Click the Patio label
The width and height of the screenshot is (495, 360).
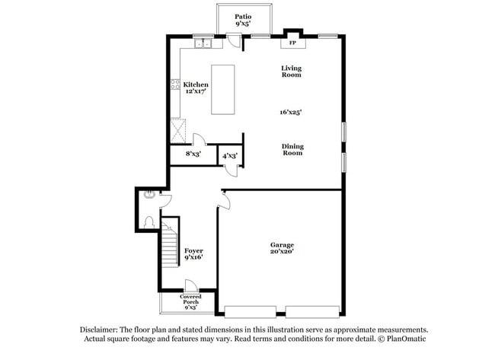pos(243,16)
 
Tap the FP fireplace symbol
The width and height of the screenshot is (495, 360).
pos(292,43)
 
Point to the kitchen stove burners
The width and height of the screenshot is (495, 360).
pos(176,87)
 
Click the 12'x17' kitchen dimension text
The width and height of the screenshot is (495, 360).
pos(196,92)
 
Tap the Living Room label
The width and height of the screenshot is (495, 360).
pos(292,71)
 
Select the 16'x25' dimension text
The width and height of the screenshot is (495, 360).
pos(291,112)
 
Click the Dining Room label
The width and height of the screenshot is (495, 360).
pos(292,149)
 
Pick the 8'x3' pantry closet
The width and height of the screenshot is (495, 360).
pos(193,155)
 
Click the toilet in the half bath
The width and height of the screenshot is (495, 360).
pos(149,222)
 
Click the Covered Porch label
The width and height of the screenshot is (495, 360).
pos(190,301)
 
